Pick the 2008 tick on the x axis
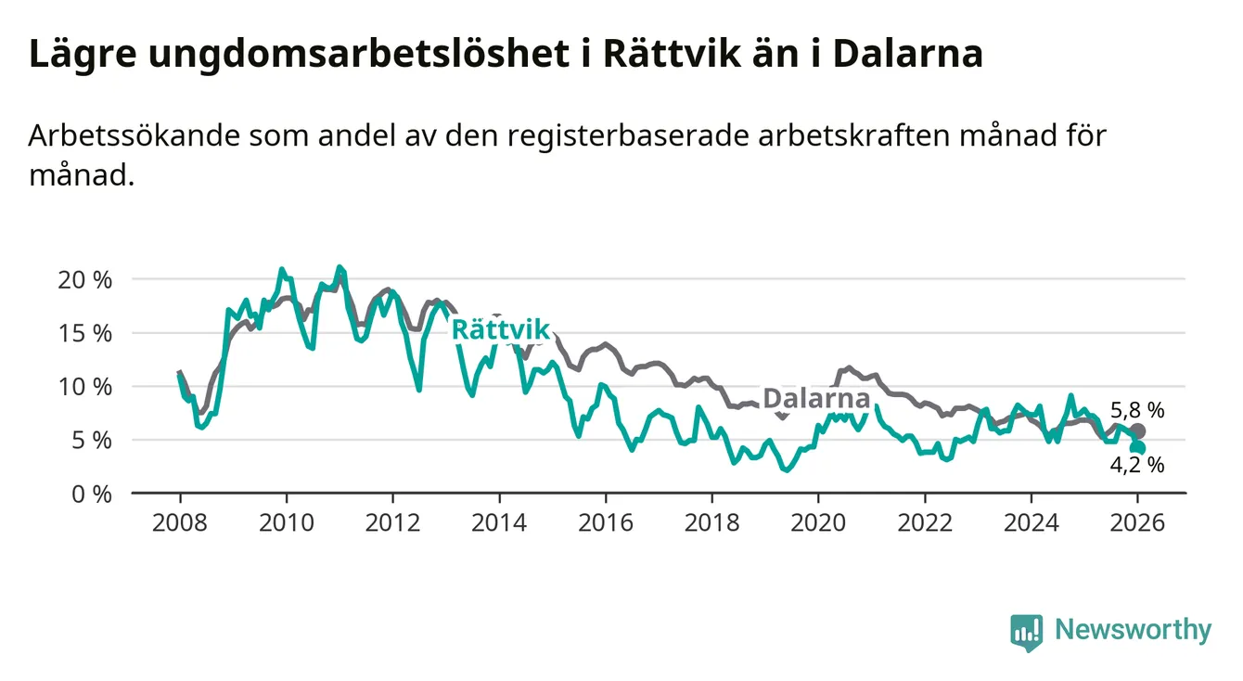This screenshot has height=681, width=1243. click(180, 522)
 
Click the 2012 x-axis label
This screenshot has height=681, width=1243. click(392, 522)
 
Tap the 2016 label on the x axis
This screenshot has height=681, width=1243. click(605, 522)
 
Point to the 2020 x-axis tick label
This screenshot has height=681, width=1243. click(817, 522)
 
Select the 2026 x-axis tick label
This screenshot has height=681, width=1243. click(1136, 522)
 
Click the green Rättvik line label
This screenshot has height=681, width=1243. click(500, 330)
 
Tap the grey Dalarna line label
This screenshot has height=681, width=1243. click(816, 400)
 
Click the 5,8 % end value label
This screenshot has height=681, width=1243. click(1136, 410)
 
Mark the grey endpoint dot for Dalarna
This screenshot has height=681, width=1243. click(1138, 431)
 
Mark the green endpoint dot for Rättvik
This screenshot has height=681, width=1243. click(1138, 448)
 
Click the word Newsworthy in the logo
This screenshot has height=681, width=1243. click(1133, 630)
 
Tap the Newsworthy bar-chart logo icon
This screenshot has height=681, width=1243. click(1026, 632)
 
